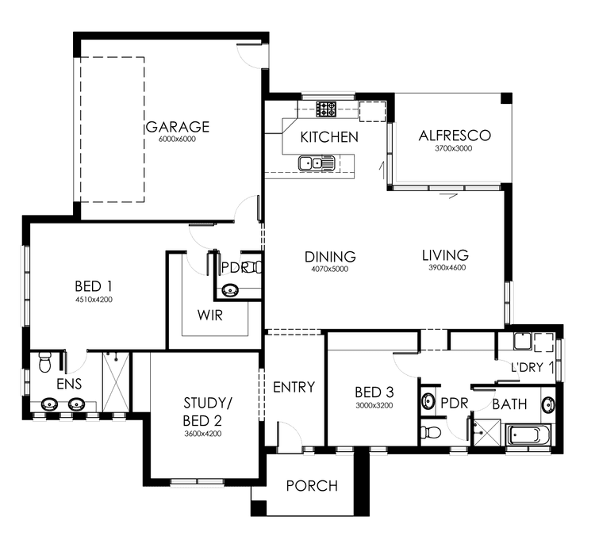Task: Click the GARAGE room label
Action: [x=177, y=127]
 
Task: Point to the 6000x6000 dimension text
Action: [x=177, y=140]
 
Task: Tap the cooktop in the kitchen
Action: [x=327, y=109]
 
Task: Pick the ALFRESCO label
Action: [x=455, y=136]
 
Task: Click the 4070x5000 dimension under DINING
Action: [x=330, y=269]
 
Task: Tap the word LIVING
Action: [x=444, y=255]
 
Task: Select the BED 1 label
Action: [x=94, y=286]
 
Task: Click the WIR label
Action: [x=210, y=316]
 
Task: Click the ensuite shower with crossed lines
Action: [x=116, y=382]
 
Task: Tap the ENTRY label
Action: [x=294, y=388]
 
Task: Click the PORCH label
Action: [x=312, y=486]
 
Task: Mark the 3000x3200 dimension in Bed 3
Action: [x=374, y=406]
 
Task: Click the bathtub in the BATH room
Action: [x=527, y=434]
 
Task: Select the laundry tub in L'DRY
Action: [x=521, y=342]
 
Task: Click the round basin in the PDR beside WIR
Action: [x=230, y=290]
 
